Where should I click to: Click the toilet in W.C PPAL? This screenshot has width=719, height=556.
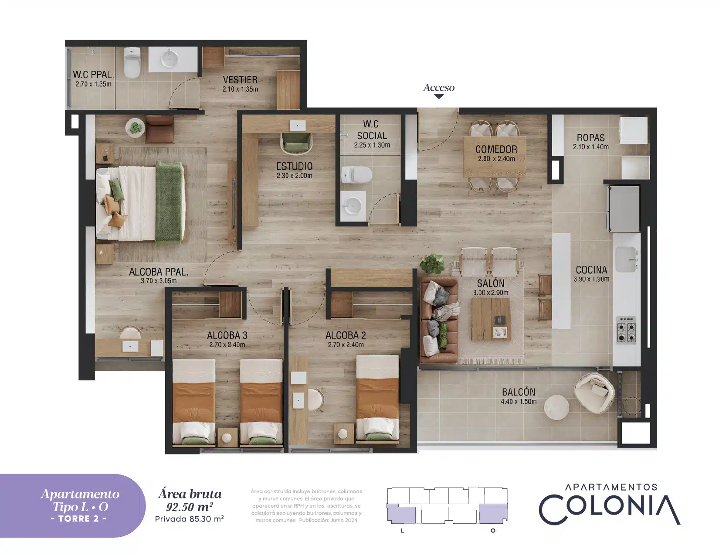point(132,63)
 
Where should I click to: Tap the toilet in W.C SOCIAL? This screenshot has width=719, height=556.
point(356,174)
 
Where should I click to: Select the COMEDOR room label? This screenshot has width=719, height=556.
point(496,149)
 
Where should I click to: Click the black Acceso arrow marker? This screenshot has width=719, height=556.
point(439,96)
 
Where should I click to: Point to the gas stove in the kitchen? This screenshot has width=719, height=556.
point(626,330)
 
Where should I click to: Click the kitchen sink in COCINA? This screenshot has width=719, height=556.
point(626,259)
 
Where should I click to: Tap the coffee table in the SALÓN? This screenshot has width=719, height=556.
point(491,319)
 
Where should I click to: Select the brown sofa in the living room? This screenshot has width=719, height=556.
point(439,321)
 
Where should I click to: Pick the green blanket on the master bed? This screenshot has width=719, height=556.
point(170,203)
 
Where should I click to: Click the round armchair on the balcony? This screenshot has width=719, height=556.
point(594,393)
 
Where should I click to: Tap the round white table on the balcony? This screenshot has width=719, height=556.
point(556,407)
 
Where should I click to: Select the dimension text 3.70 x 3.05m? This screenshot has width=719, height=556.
point(159,281)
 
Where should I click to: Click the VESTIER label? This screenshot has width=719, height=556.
point(240,80)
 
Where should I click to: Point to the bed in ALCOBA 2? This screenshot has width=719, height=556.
point(377,399)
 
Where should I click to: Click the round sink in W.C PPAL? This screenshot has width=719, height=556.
point(170,59)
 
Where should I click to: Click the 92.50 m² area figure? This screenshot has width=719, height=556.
point(189,507)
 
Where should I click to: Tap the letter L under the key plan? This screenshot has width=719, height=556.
point(402,531)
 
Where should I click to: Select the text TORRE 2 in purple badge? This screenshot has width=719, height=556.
point(79,518)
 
